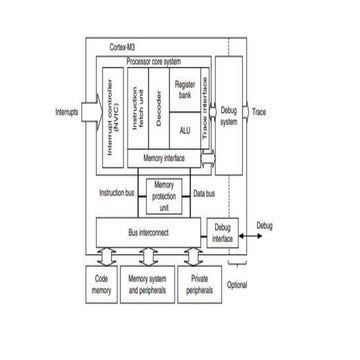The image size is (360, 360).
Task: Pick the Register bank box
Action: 185,88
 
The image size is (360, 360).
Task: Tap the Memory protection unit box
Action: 166,195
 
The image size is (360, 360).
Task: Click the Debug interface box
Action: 222,233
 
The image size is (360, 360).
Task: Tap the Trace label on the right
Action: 259,112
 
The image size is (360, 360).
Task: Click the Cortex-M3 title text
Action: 125,47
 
